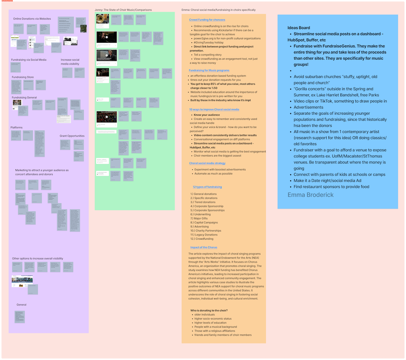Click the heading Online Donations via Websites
point(32,19)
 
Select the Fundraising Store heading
point(23,77)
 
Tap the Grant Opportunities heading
point(72,136)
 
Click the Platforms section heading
point(17,128)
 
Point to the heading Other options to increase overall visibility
point(38,258)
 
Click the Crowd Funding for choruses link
point(207,20)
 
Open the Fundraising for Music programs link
point(209,70)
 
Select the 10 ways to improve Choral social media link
point(214,110)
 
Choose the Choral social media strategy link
point(207,163)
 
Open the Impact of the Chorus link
point(204,247)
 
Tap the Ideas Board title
point(299,28)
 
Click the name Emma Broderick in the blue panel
point(310,195)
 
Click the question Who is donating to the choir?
point(209,311)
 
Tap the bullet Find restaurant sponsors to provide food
point(331,187)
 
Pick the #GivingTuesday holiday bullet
point(209,43)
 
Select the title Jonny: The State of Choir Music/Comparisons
point(123,10)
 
